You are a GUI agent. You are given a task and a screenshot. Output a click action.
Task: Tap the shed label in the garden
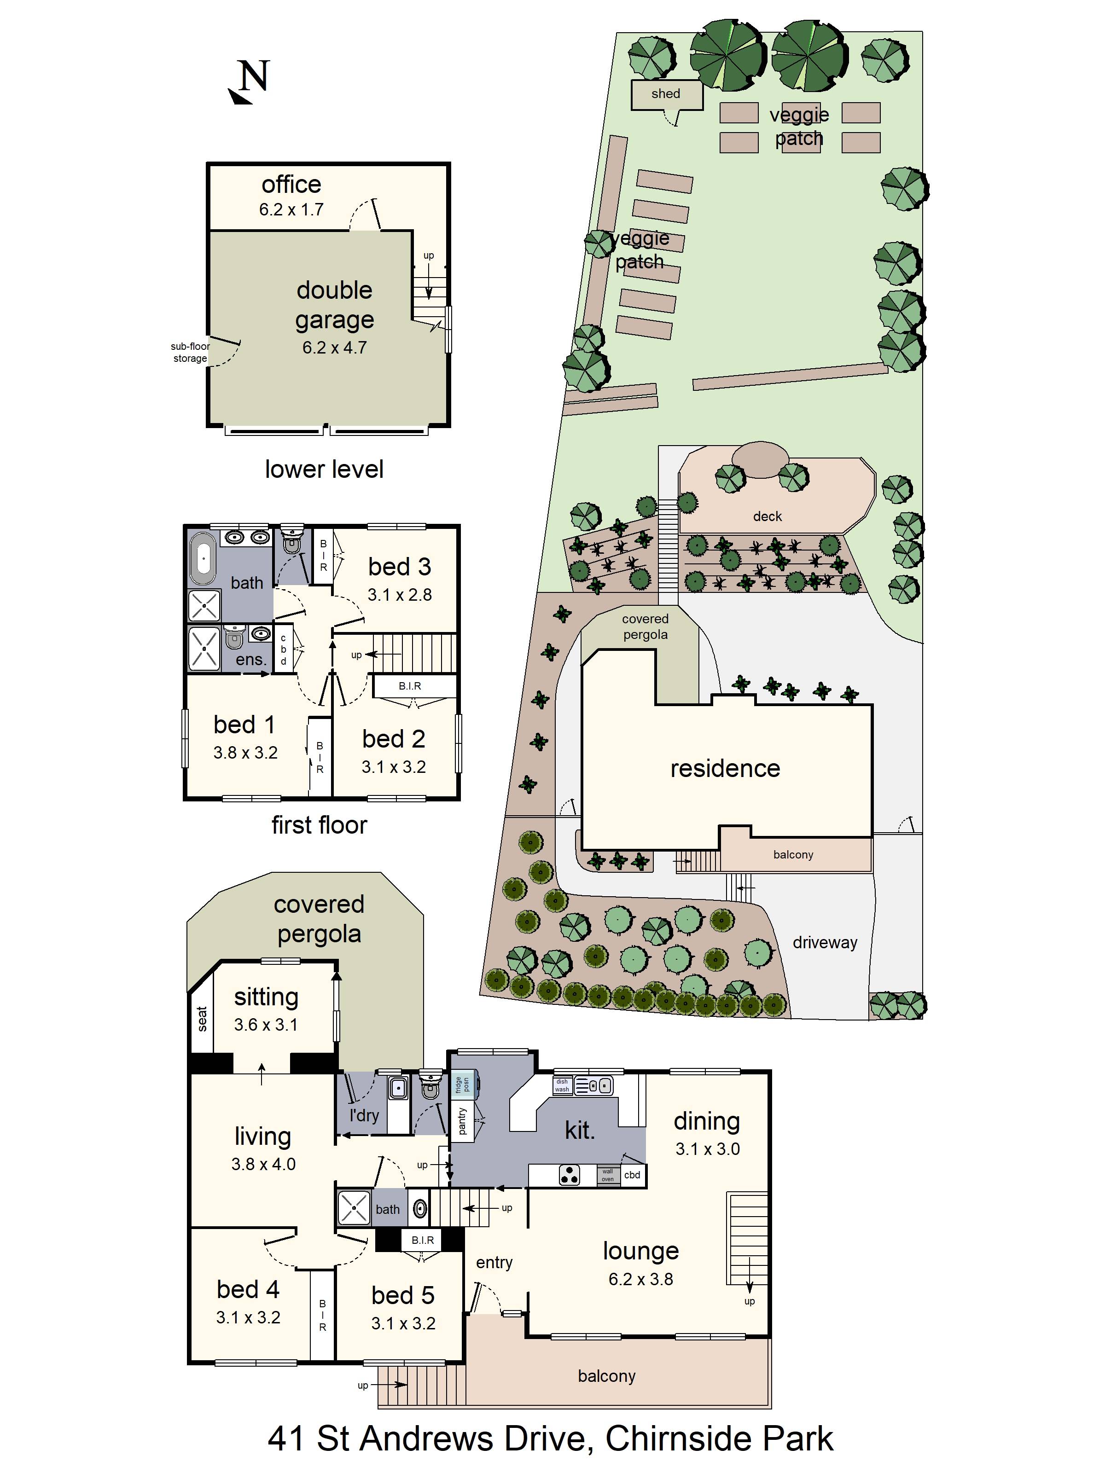(x=665, y=94)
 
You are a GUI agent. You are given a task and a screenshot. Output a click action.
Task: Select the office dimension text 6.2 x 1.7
(x=291, y=210)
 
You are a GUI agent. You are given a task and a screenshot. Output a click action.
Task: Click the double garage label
(x=334, y=305)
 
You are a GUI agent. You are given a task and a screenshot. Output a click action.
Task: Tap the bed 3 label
(x=400, y=567)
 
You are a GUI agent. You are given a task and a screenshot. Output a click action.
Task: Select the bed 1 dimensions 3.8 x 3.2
(x=245, y=753)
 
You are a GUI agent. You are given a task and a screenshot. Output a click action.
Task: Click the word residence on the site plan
(x=725, y=768)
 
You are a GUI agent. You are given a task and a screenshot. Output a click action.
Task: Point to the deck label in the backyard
(x=768, y=516)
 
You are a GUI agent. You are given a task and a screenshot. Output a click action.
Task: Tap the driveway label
(x=825, y=942)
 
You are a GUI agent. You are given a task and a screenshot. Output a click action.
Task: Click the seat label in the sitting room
(x=202, y=1019)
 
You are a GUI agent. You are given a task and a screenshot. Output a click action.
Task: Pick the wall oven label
(x=607, y=1175)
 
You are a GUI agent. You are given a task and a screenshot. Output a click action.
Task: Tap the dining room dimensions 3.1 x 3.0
(x=707, y=1148)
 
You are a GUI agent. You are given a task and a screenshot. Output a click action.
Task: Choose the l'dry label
(x=364, y=1115)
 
